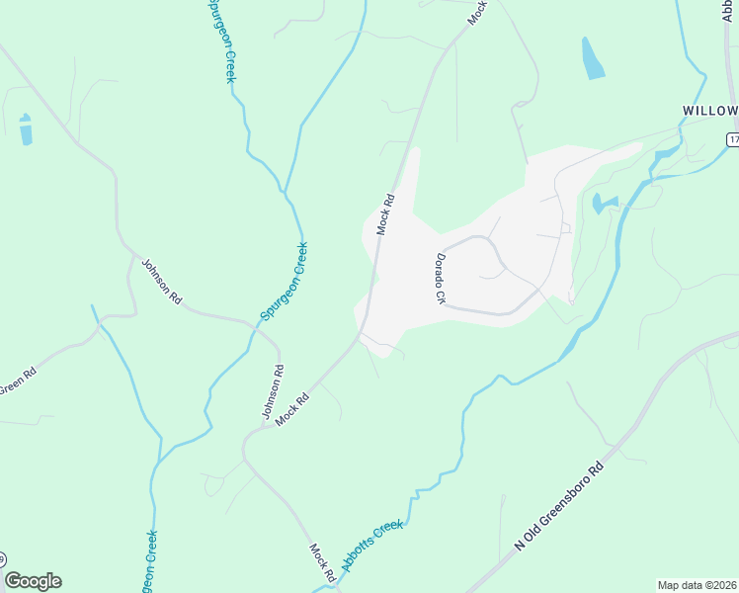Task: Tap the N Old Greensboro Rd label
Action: pyautogui.click(x=559, y=510)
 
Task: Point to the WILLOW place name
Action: pyautogui.click(x=709, y=110)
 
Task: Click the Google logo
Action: pyautogui.click(x=33, y=581)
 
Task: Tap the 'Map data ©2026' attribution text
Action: pyautogui.click(x=697, y=585)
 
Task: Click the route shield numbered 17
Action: pyautogui.click(x=733, y=140)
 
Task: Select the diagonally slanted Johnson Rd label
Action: pyautogui.click(x=162, y=282)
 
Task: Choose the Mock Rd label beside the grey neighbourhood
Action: pyautogui.click(x=384, y=213)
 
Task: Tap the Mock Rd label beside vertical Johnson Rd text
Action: pyautogui.click(x=292, y=409)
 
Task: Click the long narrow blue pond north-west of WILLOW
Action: pyautogui.click(x=593, y=58)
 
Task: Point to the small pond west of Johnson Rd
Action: pyautogui.click(x=25, y=129)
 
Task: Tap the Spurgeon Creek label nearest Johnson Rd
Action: pyautogui.click(x=285, y=281)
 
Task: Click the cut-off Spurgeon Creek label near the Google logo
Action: pyautogui.click(x=150, y=563)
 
